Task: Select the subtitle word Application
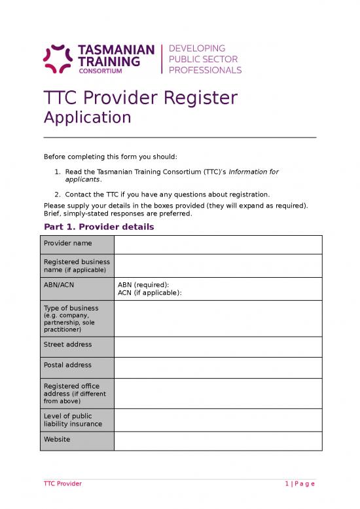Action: click(x=87, y=117)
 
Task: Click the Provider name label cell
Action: click(x=79, y=244)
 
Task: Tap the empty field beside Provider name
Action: click(x=218, y=244)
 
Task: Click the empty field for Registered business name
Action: click(x=218, y=265)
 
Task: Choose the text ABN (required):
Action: click(x=143, y=285)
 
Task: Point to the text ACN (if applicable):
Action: click(x=149, y=293)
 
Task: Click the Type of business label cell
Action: click(x=79, y=318)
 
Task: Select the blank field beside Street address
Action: click(x=218, y=347)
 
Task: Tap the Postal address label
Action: click(x=68, y=365)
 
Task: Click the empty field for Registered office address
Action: click(x=218, y=393)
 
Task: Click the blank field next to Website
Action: click(x=218, y=441)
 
